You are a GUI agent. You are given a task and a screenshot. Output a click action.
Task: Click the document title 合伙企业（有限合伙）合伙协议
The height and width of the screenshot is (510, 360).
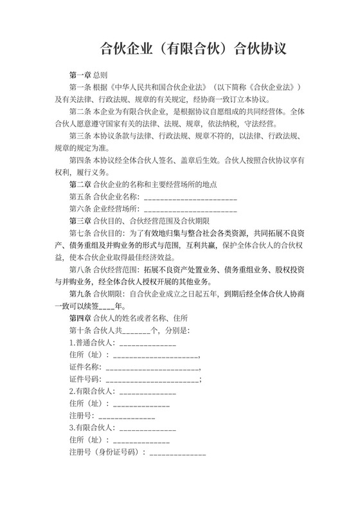click(x=192, y=49)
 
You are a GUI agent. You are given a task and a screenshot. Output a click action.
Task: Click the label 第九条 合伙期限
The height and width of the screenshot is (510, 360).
click(x=96, y=295)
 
